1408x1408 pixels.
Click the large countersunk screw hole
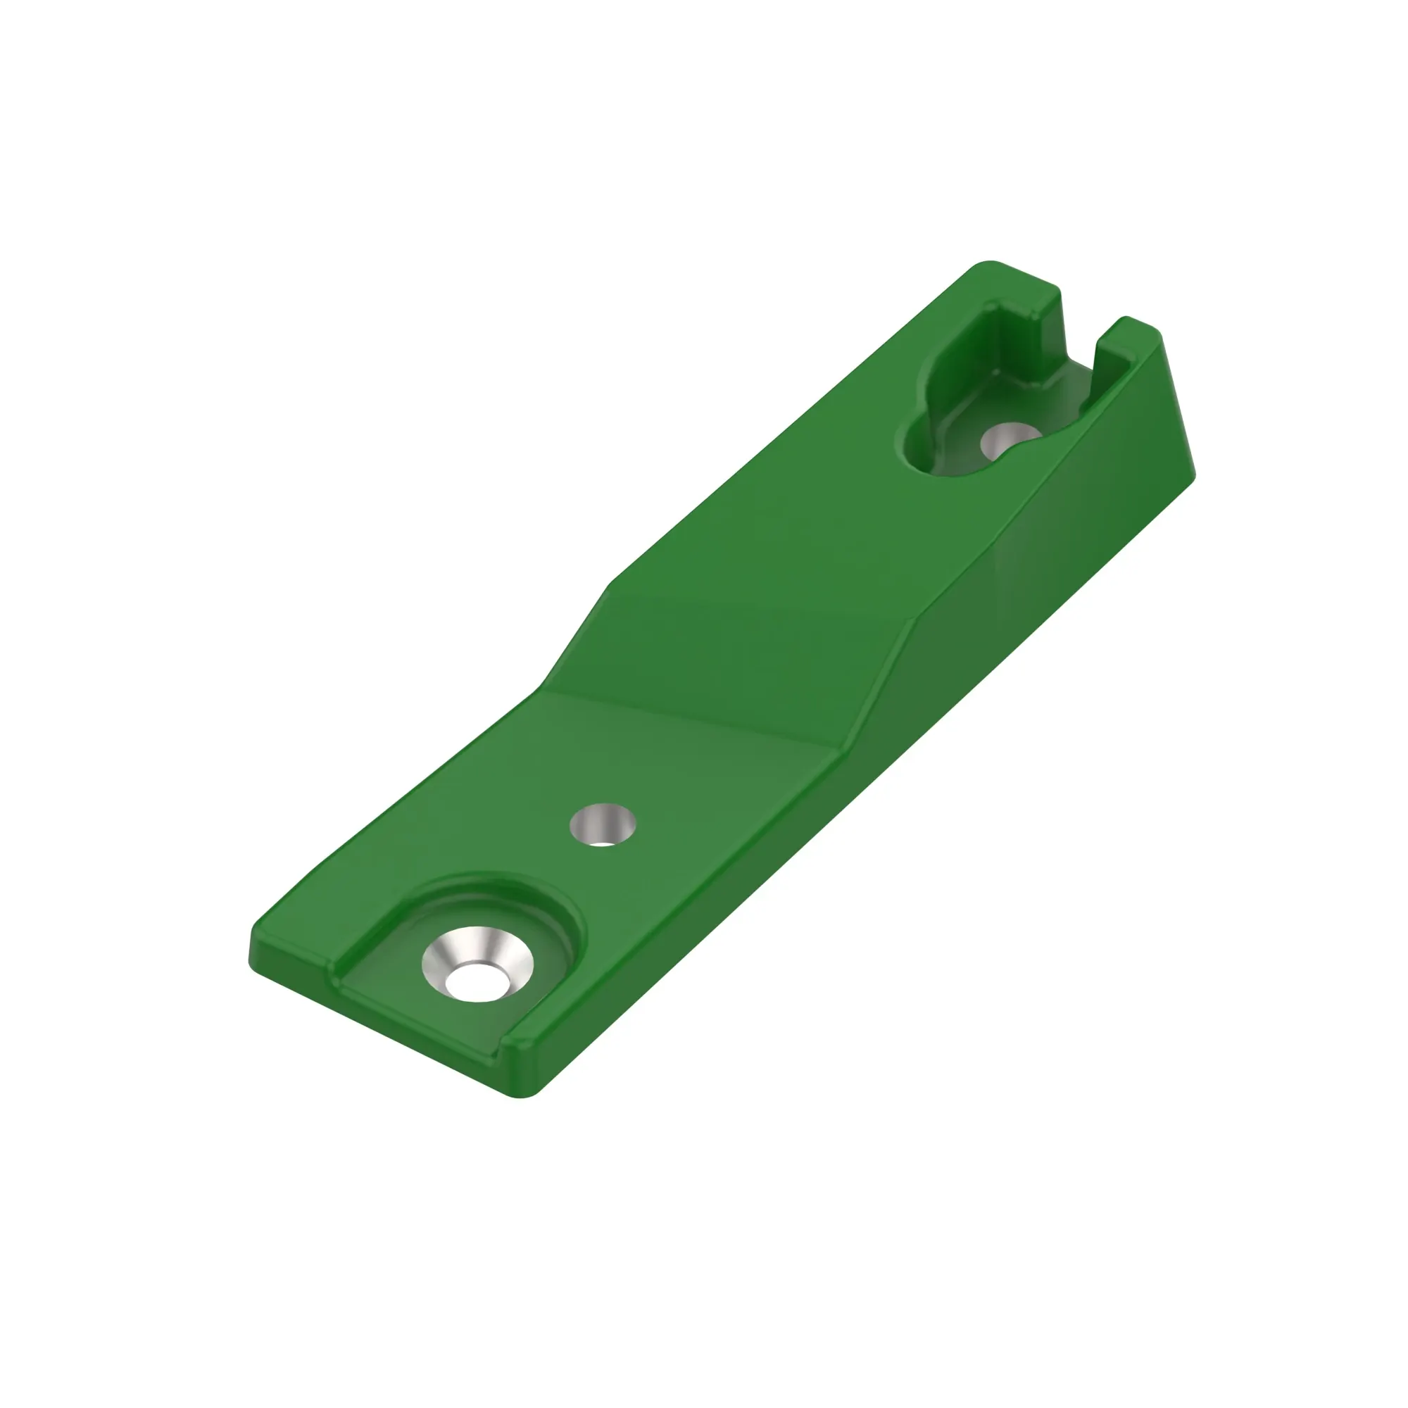(x=478, y=964)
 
